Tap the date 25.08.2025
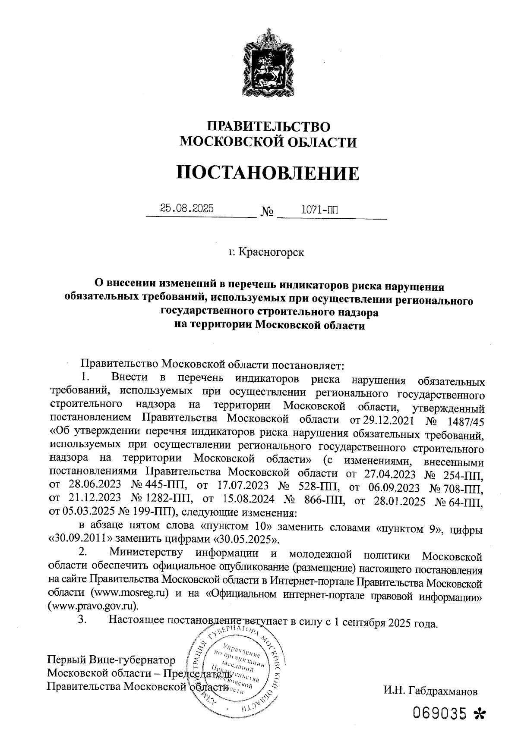point(186,209)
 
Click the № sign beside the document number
point(267,212)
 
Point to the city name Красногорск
point(266,251)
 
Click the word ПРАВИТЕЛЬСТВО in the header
point(268,126)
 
